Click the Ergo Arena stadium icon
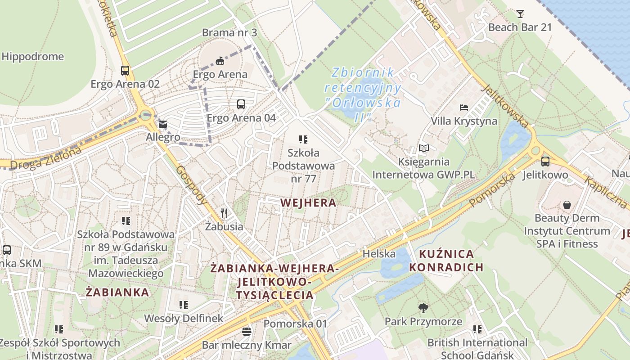pos(220,60)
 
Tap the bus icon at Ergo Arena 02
pos(125,71)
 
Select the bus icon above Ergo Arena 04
pos(241,104)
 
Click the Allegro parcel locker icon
pos(162,124)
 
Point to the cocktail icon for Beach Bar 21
pos(520,13)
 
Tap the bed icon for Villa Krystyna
pos(464,108)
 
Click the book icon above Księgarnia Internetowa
pos(423,148)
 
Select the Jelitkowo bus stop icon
pos(545,161)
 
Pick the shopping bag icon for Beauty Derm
pos(567,205)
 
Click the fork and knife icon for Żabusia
pos(224,213)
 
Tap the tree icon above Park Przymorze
pos(423,308)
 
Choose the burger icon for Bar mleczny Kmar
pos(247,332)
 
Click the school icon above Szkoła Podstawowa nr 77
pos(303,139)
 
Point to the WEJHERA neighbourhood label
pos(308,203)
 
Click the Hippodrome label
pos(32,57)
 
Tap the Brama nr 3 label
pos(229,33)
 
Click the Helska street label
pos(379,254)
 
